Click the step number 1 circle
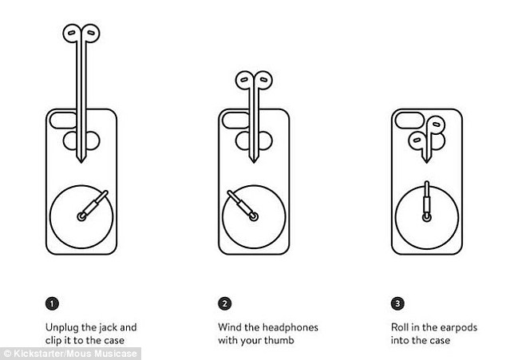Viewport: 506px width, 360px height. point(53,303)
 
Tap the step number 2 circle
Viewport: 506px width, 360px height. point(224,303)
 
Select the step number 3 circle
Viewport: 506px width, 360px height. point(397,303)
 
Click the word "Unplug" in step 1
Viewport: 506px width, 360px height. point(62,328)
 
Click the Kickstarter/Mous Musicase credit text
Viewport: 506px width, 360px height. point(70,354)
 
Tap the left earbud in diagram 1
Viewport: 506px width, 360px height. point(71,34)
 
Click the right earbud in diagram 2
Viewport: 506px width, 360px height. point(263,80)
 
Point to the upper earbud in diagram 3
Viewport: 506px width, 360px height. point(436,125)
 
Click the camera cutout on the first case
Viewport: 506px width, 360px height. point(63,120)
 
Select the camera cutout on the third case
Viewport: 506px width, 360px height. point(409,120)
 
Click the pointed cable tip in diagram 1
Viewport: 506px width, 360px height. point(81,160)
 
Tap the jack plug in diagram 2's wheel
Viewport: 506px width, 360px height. point(242,205)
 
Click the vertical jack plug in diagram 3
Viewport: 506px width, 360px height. point(427,201)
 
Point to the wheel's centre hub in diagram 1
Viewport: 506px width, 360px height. point(81,216)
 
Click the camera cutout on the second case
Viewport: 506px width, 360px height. point(236,120)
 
